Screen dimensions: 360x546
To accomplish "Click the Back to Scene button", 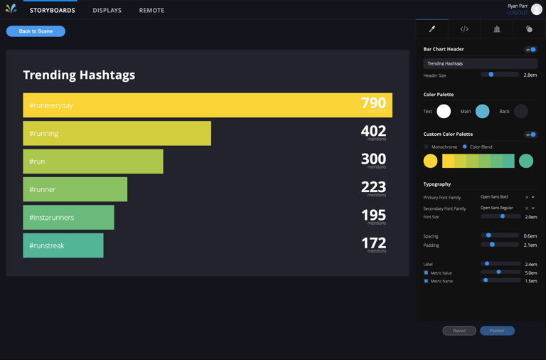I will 36,31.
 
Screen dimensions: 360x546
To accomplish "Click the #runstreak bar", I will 63,245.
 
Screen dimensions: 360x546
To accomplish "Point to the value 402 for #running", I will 373,132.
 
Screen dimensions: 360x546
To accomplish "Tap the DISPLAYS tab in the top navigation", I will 107,11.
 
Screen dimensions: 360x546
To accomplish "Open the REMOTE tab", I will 151,11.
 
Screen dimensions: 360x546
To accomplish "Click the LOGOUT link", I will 517,13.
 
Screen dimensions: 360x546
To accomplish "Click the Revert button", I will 459,331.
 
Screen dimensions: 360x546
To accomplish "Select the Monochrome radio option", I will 427,147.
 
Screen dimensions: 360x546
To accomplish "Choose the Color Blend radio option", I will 465,147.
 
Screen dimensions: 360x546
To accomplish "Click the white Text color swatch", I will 444,111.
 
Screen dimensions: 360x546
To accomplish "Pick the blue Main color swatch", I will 483,111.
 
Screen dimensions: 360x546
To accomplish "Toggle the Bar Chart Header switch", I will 530,50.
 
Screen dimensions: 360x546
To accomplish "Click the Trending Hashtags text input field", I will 480,63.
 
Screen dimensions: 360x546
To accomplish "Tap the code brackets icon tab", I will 464,29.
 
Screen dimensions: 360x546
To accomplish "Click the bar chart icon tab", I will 497,29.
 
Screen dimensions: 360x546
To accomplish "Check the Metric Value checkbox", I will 427,272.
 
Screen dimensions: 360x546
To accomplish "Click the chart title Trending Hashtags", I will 79,75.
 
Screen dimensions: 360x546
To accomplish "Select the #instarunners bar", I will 68,218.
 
